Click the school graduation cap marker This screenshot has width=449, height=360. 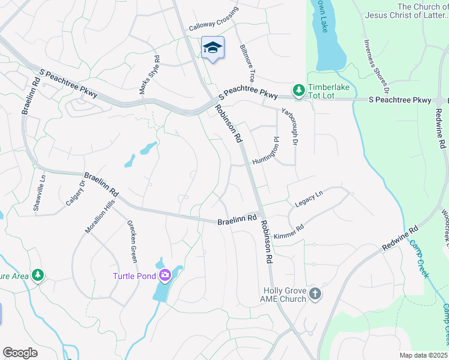(212, 47)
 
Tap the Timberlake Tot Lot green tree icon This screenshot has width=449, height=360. (298, 90)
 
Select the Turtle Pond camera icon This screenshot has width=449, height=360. (164, 275)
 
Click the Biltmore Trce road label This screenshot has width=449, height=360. (247, 64)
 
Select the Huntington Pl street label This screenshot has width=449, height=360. (266, 152)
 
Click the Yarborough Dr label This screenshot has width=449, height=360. (290, 127)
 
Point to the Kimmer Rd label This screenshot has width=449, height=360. (289, 232)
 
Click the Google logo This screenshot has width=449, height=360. (20, 353)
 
